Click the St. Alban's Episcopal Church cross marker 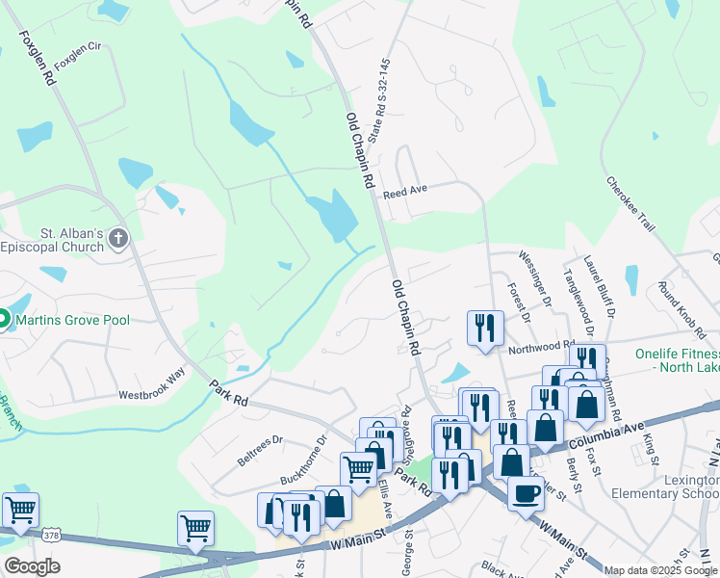pyautogui.click(x=117, y=238)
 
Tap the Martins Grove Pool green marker pyautogui.click(x=3, y=319)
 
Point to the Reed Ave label pyautogui.click(x=404, y=193)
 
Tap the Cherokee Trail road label pyautogui.click(x=630, y=203)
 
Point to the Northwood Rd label pyautogui.click(x=541, y=347)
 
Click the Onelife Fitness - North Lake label pyautogui.click(x=677, y=360)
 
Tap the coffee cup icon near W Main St pyautogui.click(x=526, y=492)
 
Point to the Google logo pyautogui.click(x=32, y=565)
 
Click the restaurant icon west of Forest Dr pyautogui.click(x=485, y=327)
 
